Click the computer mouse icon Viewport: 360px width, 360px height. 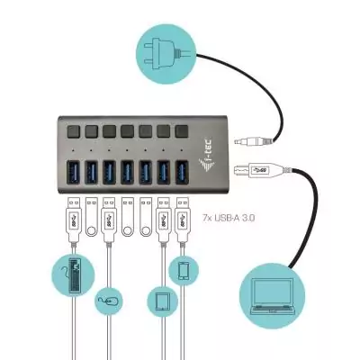tap(110, 299)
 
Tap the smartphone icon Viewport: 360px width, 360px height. tap(184, 270)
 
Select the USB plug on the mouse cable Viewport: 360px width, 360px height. tap(109, 216)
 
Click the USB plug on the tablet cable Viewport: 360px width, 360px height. tap(164, 216)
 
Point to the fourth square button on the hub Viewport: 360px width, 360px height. tap(128, 130)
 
